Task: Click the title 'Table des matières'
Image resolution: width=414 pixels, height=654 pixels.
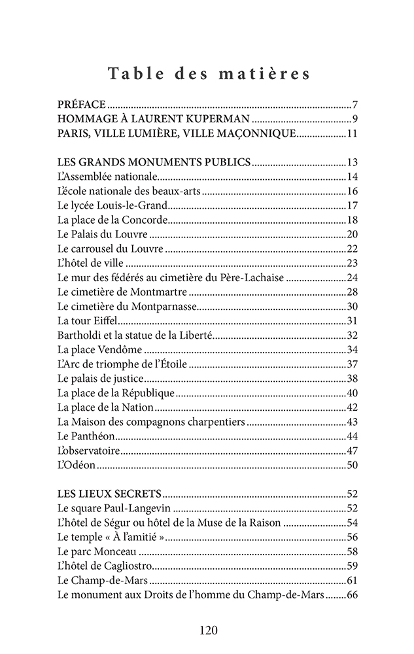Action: [209, 73]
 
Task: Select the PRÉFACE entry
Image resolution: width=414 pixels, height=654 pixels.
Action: [82, 105]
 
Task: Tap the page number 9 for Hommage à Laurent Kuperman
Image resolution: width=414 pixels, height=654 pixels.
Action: [353, 119]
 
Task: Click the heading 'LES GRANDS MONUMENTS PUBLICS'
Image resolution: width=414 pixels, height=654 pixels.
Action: [154, 162]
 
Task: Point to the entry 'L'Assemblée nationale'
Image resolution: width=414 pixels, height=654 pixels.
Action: [107, 177]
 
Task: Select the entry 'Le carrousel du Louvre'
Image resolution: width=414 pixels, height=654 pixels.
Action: [110, 249]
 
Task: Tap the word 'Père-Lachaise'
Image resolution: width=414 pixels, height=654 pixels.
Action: [252, 277]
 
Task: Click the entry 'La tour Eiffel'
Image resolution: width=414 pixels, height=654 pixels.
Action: [86, 320]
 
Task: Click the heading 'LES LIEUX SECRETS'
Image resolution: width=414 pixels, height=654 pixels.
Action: [109, 493]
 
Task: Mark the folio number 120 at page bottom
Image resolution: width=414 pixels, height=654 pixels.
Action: [208, 630]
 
